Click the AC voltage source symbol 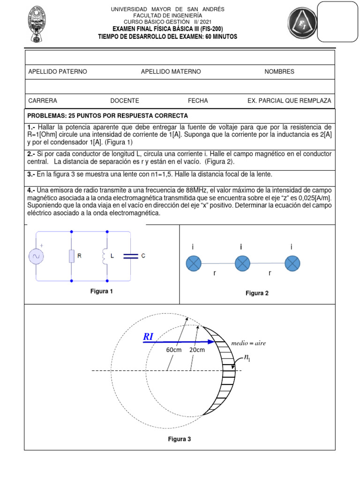[36, 256]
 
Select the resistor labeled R [71, 256]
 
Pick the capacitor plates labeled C [130, 256]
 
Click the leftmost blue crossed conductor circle [194, 263]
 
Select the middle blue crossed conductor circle [242, 263]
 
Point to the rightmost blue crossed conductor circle [293, 263]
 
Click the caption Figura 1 [102, 292]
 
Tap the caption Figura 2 [257, 293]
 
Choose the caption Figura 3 [180, 439]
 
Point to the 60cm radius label [174, 350]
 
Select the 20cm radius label [197, 350]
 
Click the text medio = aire [248, 343]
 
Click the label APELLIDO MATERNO [171, 72]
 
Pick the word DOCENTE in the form [125, 101]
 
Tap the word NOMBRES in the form [279, 72]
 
